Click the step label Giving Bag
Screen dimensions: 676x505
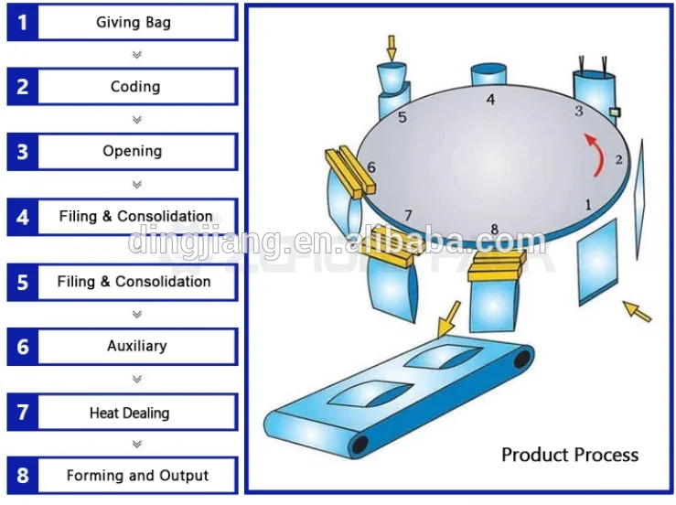point(134,22)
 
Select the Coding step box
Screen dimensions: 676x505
point(135,87)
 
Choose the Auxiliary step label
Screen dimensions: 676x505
point(136,346)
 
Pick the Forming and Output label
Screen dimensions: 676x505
point(137,476)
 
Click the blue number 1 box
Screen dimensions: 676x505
point(22,23)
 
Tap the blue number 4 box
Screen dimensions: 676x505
point(22,218)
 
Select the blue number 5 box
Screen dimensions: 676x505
point(22,283)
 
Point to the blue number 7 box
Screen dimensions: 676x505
point(22,413)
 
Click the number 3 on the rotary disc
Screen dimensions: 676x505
point(578,112)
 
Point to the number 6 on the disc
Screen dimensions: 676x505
point(371,167)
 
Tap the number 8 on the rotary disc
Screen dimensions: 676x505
point(494,230)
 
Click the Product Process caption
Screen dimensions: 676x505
point(569,455)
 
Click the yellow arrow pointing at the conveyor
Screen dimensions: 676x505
point(450,320)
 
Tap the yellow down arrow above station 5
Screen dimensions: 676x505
point(392,48)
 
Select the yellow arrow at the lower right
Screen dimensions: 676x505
point(638,312)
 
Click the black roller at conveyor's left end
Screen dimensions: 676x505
point(360,445)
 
